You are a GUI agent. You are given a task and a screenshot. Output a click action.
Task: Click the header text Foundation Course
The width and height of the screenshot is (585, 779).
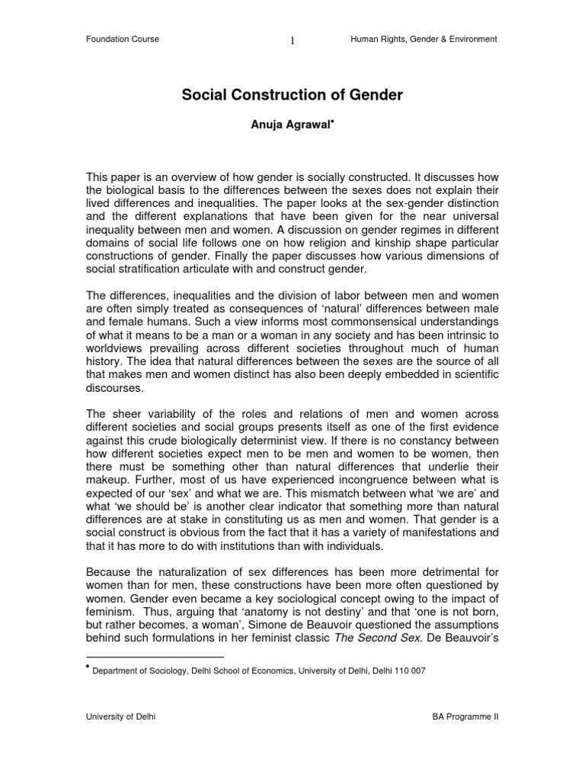[x=123, y=40]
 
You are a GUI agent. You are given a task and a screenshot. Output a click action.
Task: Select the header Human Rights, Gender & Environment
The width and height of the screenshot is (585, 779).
[x=424, y=40]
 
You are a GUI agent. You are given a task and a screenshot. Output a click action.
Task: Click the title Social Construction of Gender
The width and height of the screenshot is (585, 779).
[x=292, y=96]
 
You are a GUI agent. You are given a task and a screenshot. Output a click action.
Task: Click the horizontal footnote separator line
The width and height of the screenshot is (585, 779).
[x=155, y=656]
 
